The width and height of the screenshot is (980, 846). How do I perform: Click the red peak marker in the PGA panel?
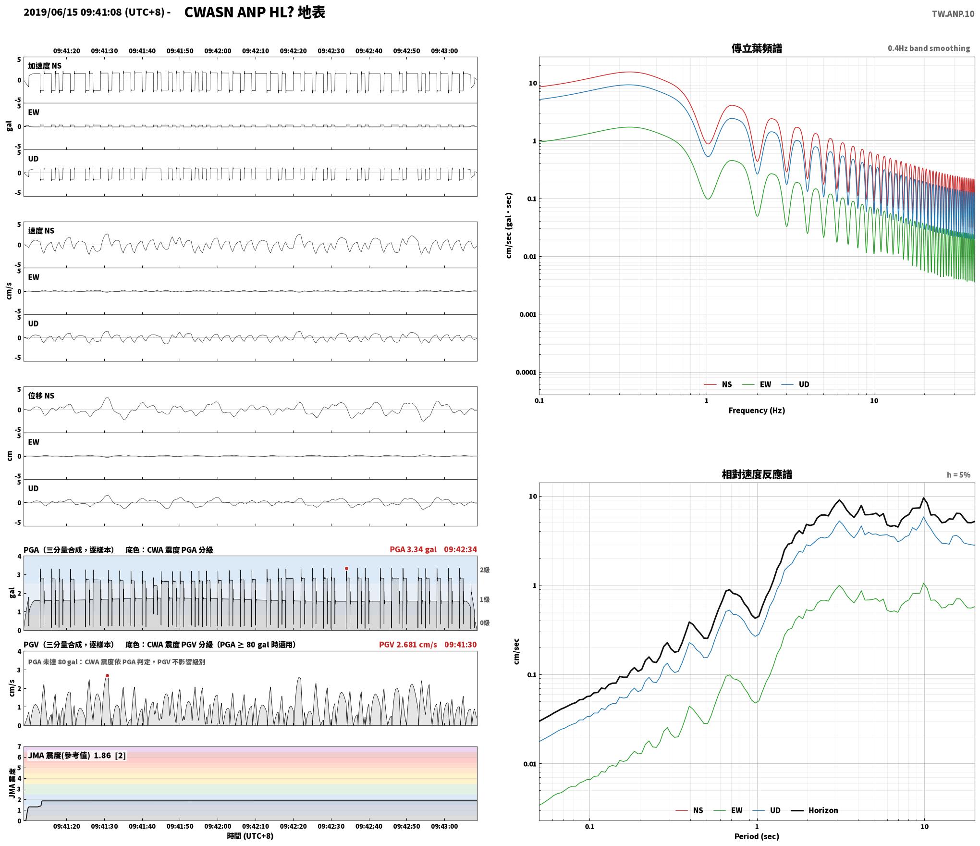pyautogui.click(x=346, y=568)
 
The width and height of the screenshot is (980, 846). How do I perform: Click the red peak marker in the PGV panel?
pyautogui.click(x=107, y=675)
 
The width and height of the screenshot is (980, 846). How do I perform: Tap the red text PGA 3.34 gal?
pyautogui.click(x=413, y=549)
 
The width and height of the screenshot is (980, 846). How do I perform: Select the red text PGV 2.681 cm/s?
pyautogui.click(x=408, y=645)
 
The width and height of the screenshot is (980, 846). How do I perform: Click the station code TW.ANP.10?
pyautogui.click(x=953, y=14)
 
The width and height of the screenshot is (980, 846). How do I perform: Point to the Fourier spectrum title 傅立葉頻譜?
pyautogui.click(x=757, y=49)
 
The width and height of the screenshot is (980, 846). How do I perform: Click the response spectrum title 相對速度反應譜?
pyautogui.click(x=757, y=474)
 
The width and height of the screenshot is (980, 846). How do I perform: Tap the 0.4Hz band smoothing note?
pyautogui.click(x=929, y=49)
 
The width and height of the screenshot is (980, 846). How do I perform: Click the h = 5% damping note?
pyautogui.click(x=958, y=475)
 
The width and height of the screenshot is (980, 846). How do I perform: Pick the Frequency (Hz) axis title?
pyautogui.click(x=757, y=411)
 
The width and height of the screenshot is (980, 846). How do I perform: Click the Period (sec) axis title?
pyautogui.click(x=757, y=836)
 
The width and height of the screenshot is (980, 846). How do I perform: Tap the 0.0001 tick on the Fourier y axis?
pyautogui.click(x=526, y=373)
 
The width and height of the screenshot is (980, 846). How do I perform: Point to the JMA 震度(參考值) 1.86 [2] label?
pyautogui.click(x=77, y=756)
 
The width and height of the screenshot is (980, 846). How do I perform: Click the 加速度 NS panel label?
pyautogui.click(x=45, y=66)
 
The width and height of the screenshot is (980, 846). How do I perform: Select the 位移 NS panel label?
pyautogui.click(x=41, y=396)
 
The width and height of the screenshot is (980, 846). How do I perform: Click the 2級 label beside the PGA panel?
pyautogui.click(x=485, y=570)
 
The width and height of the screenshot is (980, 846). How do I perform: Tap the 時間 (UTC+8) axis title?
pyautogui.click(x=250, y=836)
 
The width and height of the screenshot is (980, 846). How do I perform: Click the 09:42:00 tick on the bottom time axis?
pyautogui.click(x=218, y=827)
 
